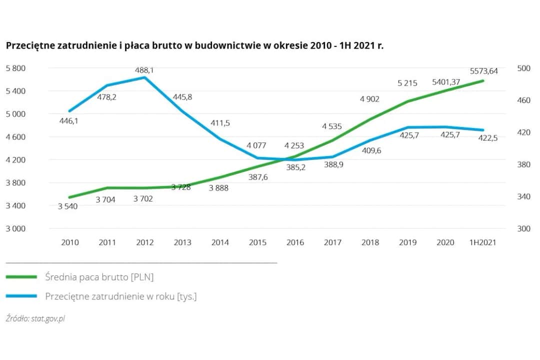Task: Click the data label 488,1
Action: [x=144, y=70]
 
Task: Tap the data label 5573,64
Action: [x=483, y=71]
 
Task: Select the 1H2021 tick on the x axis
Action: [x=482, y=242]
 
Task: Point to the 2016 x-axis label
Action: [x=295, y=242]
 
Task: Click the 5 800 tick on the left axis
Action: [x=15, y=68]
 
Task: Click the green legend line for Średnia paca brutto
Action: [x=21, y=276]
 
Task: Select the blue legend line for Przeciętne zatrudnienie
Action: [x=21, y=296]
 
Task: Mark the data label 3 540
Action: [x=67, y=206]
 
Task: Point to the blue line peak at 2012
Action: [x=144, y=77]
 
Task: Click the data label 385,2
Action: [x=295, y=167]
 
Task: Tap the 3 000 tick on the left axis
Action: [x=15, y=228]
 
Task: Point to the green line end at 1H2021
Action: [x=483, y=80]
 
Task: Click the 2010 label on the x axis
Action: [x=70, y=242]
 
